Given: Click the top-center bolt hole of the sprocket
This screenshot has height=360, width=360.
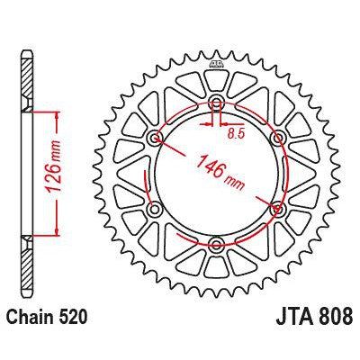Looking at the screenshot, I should coord(217,104).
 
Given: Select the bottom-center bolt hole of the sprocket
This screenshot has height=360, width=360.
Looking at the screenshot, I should coord(217,243).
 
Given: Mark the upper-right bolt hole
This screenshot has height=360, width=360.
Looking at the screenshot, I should coord(276,139).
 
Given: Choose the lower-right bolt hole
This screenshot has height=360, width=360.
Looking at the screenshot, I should coord(276,209).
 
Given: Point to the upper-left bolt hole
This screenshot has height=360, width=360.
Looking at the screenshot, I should coord(157,139).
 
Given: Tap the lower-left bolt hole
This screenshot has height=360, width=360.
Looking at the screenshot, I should coord(157,209).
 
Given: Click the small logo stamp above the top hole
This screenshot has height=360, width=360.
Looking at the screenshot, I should coord(217,66).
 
